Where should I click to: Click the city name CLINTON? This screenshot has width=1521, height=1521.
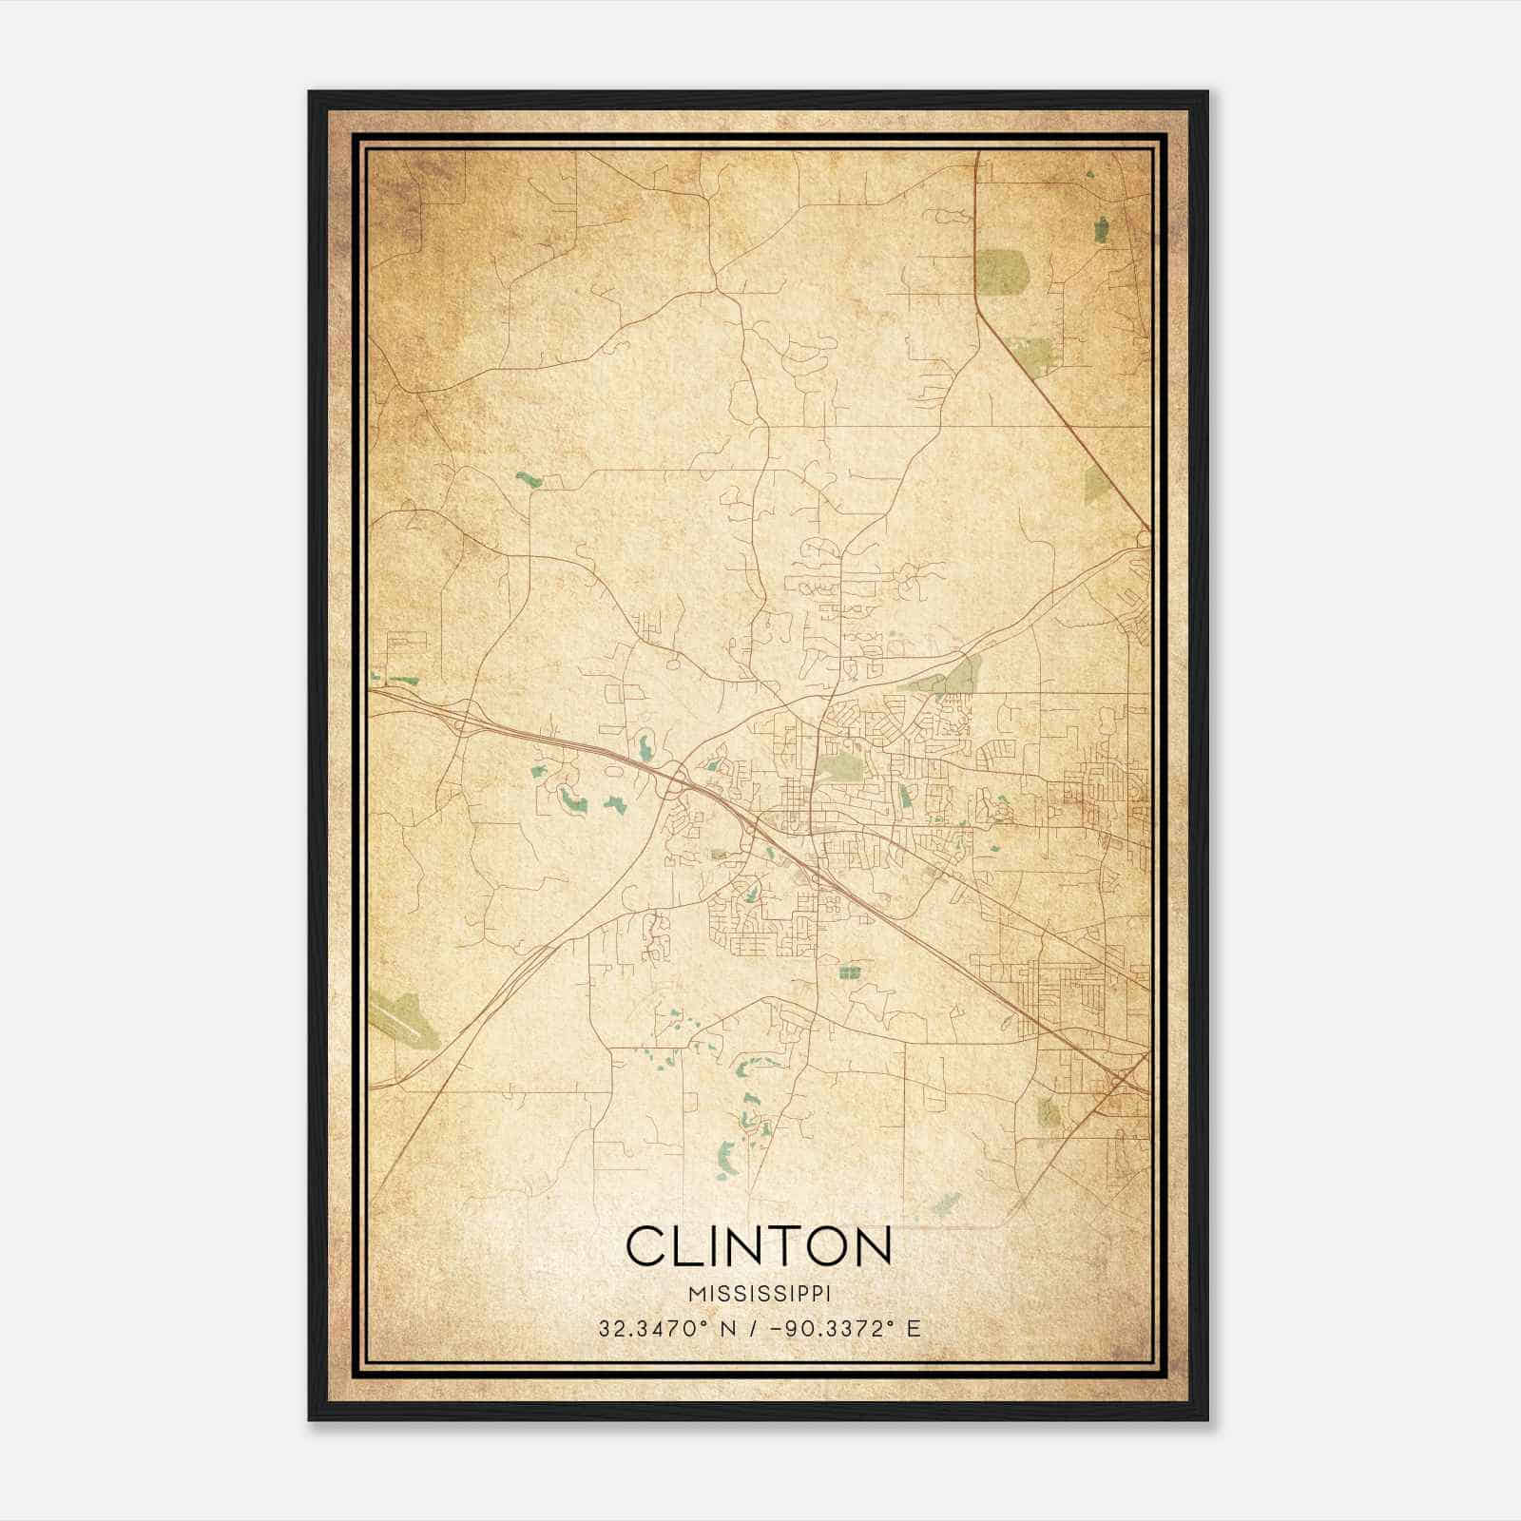pos(759,1246)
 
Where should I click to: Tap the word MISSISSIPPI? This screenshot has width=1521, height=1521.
pos(760,1295)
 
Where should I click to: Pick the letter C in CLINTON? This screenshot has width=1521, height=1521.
pos(645,1246)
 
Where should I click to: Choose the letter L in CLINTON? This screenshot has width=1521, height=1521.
pos(686,1246)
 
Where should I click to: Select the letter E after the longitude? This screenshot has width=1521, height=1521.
pos(914,1328)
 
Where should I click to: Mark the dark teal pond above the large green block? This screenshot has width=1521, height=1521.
pos(1102,229)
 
